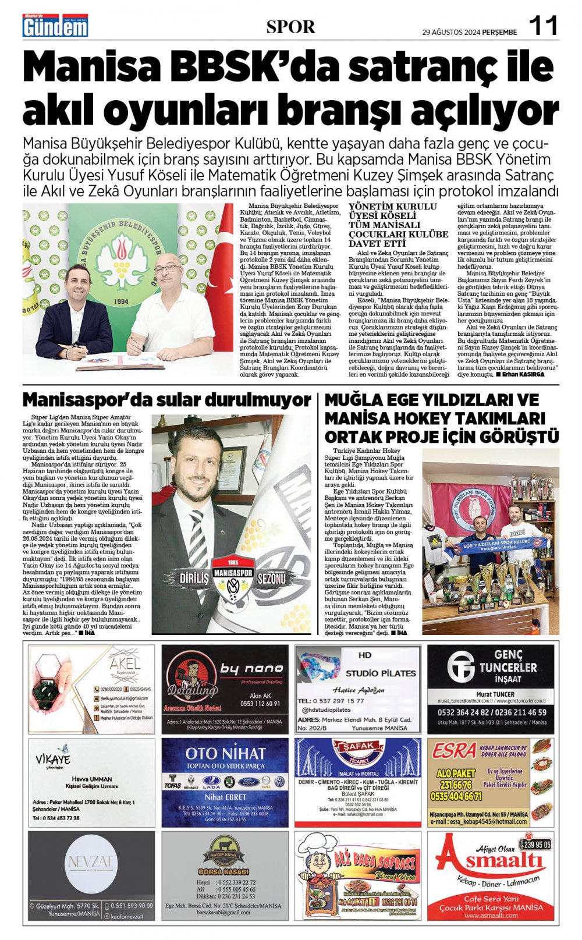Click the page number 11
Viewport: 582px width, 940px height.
(542, 26)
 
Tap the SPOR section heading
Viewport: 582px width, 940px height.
(290, 27)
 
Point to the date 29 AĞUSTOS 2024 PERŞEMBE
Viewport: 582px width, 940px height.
(469, 33)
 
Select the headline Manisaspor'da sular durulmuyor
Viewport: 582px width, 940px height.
(167, 400)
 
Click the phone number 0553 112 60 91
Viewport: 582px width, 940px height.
(260, 703)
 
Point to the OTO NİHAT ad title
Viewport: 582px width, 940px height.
(225, 754)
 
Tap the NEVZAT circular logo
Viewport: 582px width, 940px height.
(91, 863)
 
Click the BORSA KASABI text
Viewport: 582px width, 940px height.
(224, 872)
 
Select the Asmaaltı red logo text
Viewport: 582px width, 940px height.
(491, 859)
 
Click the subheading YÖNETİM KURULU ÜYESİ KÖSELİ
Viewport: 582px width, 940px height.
(392, 211)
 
